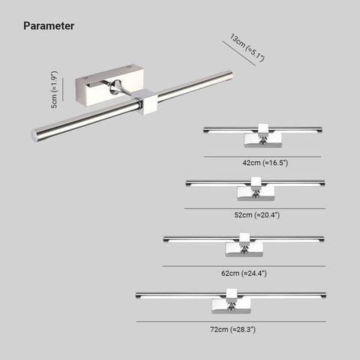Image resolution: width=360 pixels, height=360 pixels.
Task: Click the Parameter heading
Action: pyautogui.click(x=49, y=26)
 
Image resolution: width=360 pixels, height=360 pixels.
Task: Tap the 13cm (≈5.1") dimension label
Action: pyautogui.click(x=247, y=47)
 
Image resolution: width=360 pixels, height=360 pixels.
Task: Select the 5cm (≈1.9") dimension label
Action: pyautogui.click(x=54, y=89)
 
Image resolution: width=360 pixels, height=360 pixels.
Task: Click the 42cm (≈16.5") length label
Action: pyautogui.click(x=265, y=163)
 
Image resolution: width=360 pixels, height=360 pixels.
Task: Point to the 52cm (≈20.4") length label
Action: pyautogui.click(x=256, y=214)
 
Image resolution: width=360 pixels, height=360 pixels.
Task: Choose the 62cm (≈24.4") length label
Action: pyautogui.click(x=244, y=273)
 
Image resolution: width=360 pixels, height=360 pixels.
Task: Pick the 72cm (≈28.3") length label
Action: pyautogui.click(x=232, y=329)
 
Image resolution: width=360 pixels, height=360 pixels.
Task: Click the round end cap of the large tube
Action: pyautogui.click(x=34, y=136)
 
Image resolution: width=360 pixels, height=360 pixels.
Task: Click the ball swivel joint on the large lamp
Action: pyautogui.click(x=115, y=87)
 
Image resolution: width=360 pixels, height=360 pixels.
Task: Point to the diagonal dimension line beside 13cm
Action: pyautogui.click(x=239, y=53)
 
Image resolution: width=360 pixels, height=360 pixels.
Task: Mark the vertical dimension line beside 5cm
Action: pyautogui.click(x=62, y=89)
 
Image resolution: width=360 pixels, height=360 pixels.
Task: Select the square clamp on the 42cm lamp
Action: pyautogui.click(x=263, y=129)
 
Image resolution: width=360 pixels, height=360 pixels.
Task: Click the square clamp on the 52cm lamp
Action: pyautogui.click(x=256, y=182)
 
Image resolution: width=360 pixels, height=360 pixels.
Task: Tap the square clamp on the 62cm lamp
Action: pyautogui.click(x=244, y=238)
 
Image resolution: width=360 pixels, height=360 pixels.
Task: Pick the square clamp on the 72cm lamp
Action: pyautogui.click(x=232, y=294)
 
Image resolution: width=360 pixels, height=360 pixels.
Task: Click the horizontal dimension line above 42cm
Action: pyautogui.click(x=262, y=157)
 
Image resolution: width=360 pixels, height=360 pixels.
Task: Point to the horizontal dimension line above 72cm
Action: pyautogui.click(x=231, y=322)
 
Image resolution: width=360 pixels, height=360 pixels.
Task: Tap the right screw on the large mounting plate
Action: pyautogui.click(x=129, y=67)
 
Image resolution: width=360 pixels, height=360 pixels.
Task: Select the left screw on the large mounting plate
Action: pyautogui.click(x=84, y=79)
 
